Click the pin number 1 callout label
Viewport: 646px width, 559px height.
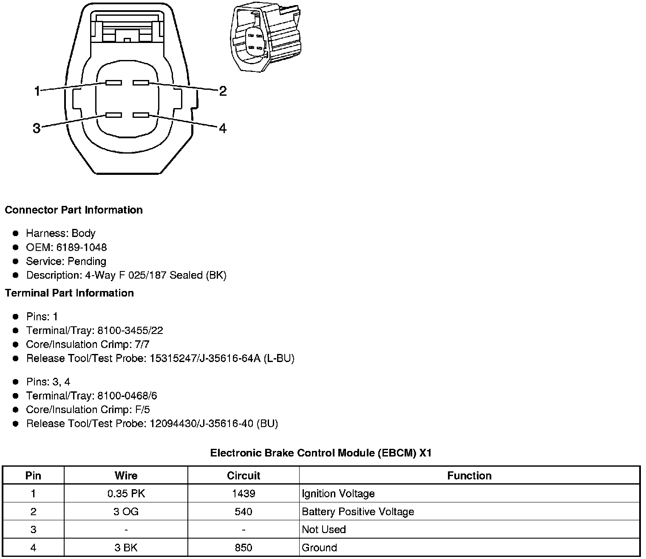(x=37, y=91)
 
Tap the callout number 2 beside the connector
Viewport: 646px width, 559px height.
(x=223, y=91)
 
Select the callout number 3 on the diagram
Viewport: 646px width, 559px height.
(x=37, y=128)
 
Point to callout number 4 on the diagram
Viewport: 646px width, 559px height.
(x=223, y=128)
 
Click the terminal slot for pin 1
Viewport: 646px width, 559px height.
(x=114, y=83)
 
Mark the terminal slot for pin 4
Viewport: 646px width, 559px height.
(x=141, y=115)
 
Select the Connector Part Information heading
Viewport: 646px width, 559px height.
(x=74, y=210)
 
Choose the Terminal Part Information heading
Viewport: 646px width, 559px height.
(x=69, y=293)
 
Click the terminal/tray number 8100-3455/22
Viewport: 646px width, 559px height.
(x=130, y=331)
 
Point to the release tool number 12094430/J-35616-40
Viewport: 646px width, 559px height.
(x=202, y=424)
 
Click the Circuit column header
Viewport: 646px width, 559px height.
(x=243, y=476)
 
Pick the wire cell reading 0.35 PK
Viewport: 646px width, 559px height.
(x=126, y=493)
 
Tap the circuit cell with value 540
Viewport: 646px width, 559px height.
(x=243, y=511)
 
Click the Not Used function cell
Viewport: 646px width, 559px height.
(x=324, y=530)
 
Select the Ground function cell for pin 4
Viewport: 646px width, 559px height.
(x=319, y=548)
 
